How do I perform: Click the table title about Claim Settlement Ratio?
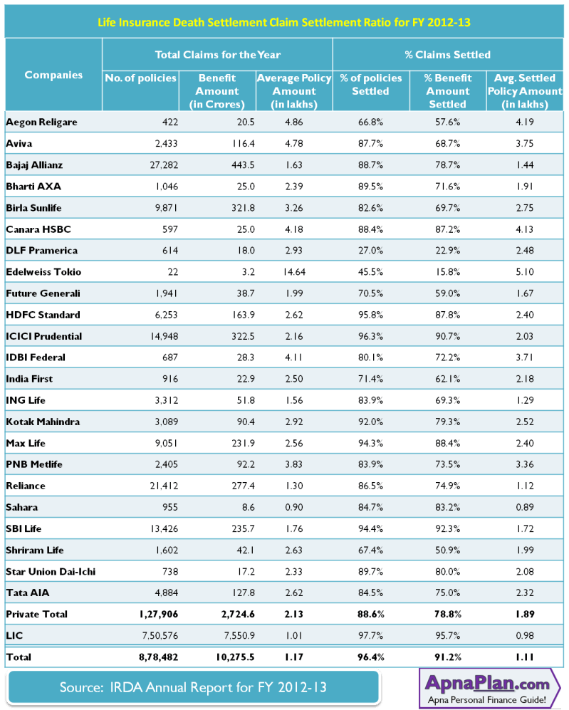[284, 22]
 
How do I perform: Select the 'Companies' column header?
[53, 75]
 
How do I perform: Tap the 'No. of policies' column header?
[140, 78]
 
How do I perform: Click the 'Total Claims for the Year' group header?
[218, 55]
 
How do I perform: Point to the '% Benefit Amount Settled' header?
[448, 91]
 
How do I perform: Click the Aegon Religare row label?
[41, 122]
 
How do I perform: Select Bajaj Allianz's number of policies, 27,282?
[164, 165]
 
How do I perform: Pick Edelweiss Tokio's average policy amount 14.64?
[294, 272]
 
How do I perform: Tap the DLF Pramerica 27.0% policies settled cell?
[371, 251]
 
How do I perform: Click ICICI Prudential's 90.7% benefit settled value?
[448, 336]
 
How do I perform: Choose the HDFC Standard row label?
[43, 315]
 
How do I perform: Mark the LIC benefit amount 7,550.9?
[239, 636]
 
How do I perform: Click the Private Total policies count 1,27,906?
[158, 615]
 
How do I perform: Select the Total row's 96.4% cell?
[371, 657]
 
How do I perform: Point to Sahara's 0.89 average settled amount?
[525, 507]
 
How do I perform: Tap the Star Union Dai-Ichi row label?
[51, 571]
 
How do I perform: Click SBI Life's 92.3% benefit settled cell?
[448, 528]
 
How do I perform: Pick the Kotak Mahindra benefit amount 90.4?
[246, 422]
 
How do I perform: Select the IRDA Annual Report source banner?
[193, 688]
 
